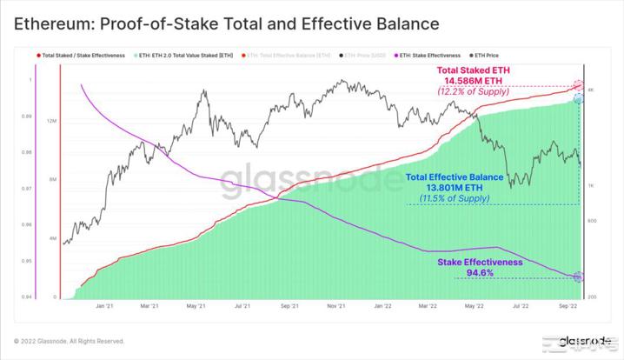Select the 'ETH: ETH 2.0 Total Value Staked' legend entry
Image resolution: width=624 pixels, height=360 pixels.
tap(189, 56)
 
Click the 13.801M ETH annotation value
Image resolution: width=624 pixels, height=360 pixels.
tap(458, 188)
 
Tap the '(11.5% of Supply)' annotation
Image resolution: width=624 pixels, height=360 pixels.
tap(458, 199)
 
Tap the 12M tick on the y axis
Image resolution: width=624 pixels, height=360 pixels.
tap(51, 121)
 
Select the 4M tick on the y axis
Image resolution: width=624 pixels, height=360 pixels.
tap(52, 238)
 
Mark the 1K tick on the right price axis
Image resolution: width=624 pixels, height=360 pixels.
tap(590, 186)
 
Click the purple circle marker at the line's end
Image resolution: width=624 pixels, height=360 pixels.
tap(579, 277)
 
